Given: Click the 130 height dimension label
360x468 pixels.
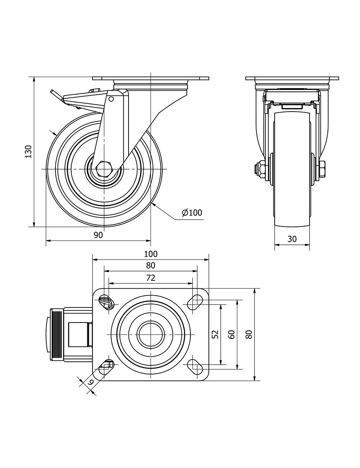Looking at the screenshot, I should [28, 152].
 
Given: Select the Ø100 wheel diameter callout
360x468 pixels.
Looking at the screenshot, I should [192, 212].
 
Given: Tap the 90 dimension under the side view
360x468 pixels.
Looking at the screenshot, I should [98, 235].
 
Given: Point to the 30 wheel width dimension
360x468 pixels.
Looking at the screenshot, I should [292, 239].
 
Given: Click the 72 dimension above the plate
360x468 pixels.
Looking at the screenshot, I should [150, 278].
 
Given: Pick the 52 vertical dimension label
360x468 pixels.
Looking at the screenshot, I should [215, 334].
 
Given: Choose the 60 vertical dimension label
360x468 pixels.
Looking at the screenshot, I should [231, 334].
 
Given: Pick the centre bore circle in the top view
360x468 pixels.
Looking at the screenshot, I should [150, 334].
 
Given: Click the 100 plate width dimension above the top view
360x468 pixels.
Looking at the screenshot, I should [150, 254].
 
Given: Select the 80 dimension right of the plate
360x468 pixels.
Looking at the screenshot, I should [249, 334].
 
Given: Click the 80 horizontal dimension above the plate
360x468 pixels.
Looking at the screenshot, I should [150, 266].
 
